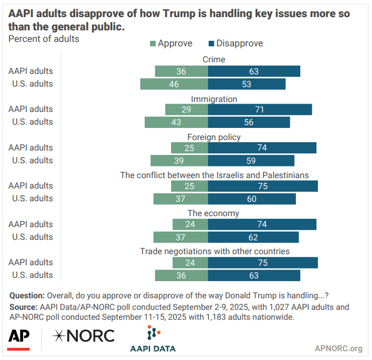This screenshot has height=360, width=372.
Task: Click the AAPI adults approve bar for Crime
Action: coord(181,71)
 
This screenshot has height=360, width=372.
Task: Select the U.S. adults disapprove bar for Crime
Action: coord(247,84)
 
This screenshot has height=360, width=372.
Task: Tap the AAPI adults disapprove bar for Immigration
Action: coord(260,109)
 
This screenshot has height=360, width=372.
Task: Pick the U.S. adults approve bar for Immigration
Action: coord(176,122)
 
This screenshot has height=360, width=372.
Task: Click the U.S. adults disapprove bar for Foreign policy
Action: coord(251,160)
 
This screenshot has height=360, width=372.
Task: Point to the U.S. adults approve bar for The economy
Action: coord(180,237)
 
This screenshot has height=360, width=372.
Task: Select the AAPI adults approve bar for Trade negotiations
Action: coord(190,262)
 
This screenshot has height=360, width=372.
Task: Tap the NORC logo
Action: coord(83,336)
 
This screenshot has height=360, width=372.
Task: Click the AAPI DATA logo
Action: coord(152,338)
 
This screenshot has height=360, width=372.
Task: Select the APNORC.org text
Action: coord(338,348)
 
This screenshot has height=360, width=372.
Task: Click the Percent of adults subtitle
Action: coord(44,39)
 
